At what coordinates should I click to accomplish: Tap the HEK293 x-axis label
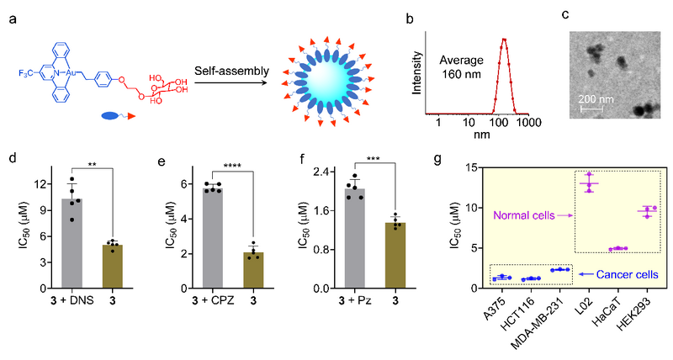point(643,306)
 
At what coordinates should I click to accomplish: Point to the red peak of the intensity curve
point(503,39)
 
